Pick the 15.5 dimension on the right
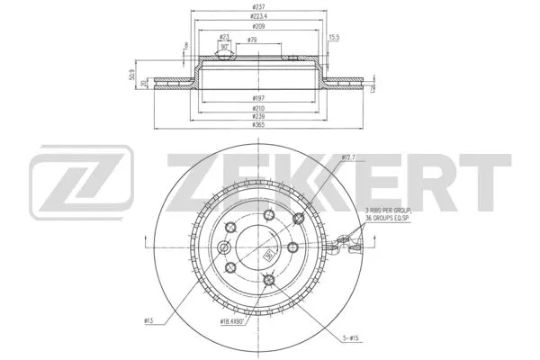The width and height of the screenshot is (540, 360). click(x=333, y=36)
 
